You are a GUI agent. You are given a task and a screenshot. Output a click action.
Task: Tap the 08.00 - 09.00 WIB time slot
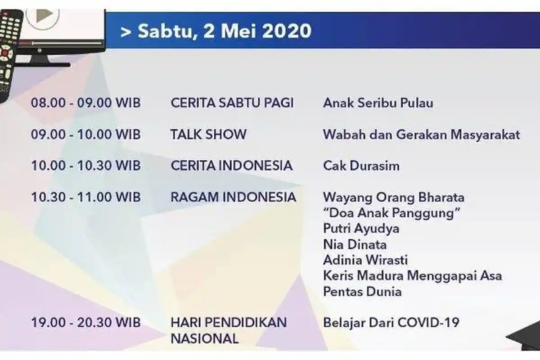pyautogui.click(x=85, y=103)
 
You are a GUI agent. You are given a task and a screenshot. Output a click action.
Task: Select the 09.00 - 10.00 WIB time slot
pyautogui.click(x=85, y=134)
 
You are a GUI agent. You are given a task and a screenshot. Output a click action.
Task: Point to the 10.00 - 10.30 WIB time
pyautogui.click(x=85, y=166)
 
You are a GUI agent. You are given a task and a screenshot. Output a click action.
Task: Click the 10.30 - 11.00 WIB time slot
pyautogui.click(x=85, y=197)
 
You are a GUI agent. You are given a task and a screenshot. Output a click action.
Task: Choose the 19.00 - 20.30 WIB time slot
pyautogui.click(x=85, y=323)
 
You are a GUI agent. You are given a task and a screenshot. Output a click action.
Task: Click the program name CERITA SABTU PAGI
pyautogui.click(x=232, y=103)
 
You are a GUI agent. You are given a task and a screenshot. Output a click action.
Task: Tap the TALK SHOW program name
pyautogui.click(x=208, y=134)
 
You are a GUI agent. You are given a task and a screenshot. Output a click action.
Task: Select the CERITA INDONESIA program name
pyautogui.click(x=231, y=166)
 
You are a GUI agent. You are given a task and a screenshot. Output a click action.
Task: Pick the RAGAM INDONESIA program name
pyautogui.click(x=233, y=197)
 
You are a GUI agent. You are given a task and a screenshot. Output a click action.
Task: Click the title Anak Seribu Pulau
pyautogui.click(x=378, y=103)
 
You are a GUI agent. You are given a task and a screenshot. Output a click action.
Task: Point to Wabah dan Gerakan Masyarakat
pyautogui.click(x=421, y=134)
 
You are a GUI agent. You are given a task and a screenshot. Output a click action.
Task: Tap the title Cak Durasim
pyautogui.click(x=361, y=166)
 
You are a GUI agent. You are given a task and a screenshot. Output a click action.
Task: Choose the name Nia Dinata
pyautogui.click(x=355, y=244)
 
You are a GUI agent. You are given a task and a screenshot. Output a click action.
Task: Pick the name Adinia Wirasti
pyautogui.click(x=365, y=260)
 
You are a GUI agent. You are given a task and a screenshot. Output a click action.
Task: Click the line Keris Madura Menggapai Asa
pyautogui.click(x=412, y=276)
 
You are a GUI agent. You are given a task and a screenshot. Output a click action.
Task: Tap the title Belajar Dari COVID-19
pyautogui.click(x=391, y=323)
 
